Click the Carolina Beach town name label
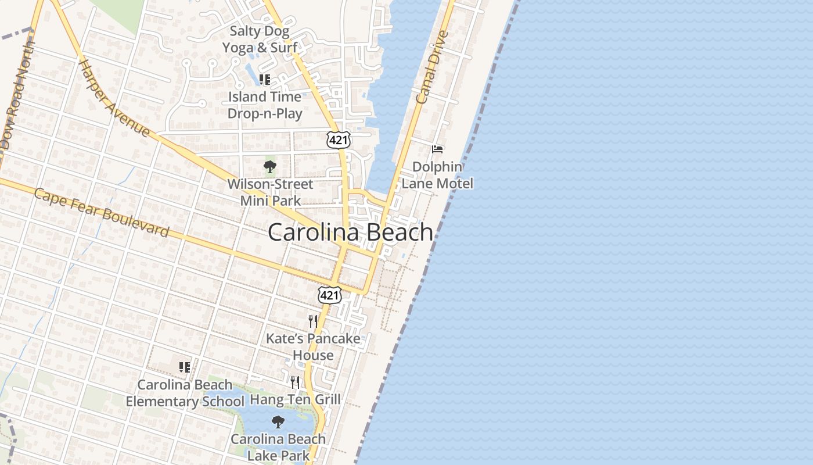click(350, 232)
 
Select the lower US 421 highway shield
click(329, 295)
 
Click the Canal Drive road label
click(433, 67)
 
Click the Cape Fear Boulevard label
click(102, 212)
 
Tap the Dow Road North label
click(17, 99)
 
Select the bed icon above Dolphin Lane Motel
click(437, 149)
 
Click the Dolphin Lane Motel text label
click(437, 175)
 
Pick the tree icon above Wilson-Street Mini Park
click(269, 167)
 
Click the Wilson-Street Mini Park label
click(270, 192)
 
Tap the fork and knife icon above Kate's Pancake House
click(313, 321)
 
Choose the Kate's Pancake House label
click(313, 346)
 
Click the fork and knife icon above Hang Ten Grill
click(295, 382)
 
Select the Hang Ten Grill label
click(295, 399)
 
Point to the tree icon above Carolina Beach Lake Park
click(278, 421)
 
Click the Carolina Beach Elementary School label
click(185, 393)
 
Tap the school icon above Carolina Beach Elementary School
click(185, 367)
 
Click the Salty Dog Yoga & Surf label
click(260, 40)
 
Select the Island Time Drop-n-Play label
click(265, 105)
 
